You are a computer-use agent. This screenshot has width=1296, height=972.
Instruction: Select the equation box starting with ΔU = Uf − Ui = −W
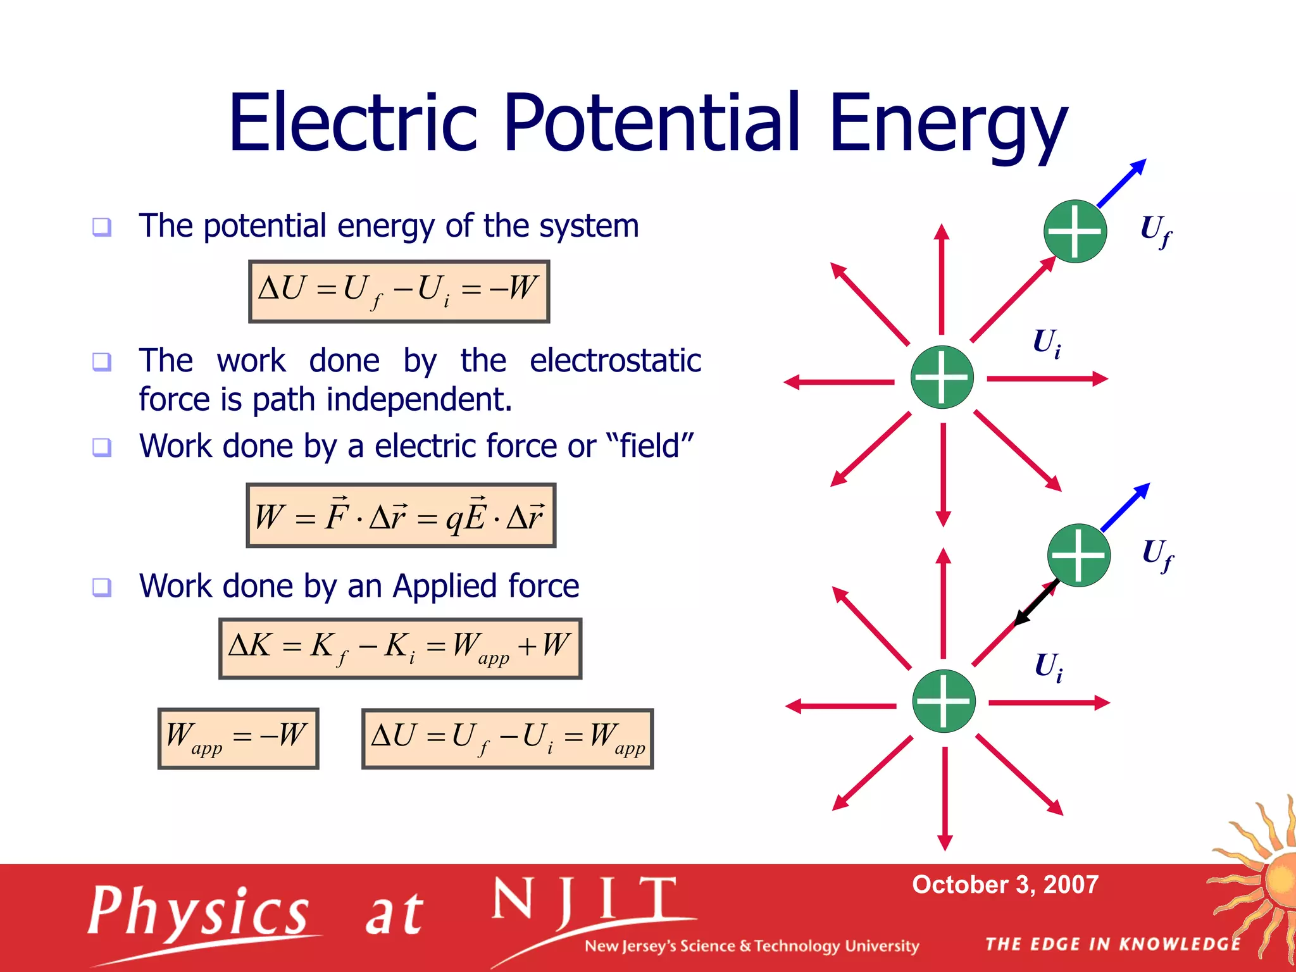point(399,291)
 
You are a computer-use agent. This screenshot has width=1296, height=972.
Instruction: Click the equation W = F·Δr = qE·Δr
point(401,515)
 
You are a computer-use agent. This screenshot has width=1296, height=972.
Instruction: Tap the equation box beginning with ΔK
point(400,648)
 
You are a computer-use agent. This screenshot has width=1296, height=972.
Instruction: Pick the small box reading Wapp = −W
point(238,738)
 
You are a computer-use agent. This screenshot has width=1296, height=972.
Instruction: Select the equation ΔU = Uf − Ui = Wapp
point(507,738)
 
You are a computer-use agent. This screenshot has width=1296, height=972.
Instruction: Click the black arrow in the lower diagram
point(1036,603)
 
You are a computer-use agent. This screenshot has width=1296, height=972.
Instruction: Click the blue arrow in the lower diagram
point(1125,507)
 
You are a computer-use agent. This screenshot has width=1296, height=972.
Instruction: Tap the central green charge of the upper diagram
point(942,377)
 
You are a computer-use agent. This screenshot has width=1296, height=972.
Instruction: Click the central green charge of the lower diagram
point(944,701)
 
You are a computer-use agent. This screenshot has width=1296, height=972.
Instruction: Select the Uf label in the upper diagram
point(1155,230)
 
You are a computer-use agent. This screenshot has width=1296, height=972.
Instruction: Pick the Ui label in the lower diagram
point(1048,667)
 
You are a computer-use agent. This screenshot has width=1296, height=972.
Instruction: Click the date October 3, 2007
point(1005,884)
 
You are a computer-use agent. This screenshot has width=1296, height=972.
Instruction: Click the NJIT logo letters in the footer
point(585,900)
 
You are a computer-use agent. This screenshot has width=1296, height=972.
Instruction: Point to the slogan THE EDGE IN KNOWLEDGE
point(1112,944)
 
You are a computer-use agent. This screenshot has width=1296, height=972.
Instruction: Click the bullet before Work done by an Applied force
point(102,587)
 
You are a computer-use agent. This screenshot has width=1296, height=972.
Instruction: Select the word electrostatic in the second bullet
point(615,361)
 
